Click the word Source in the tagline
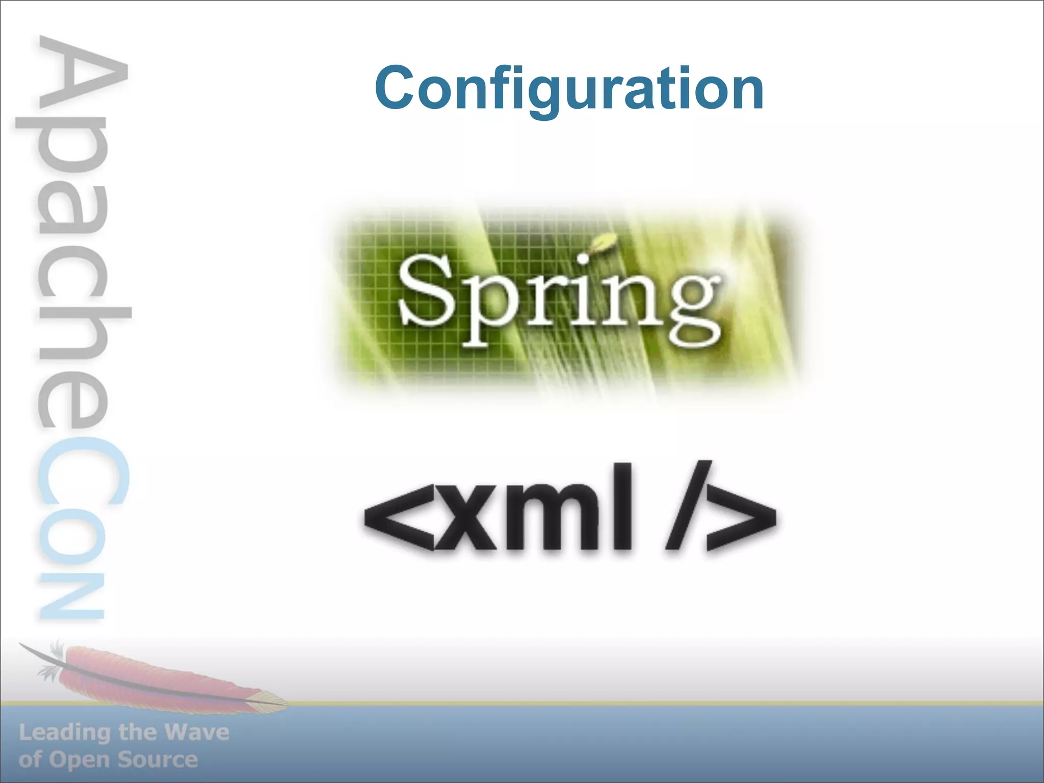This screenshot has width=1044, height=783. tap(158, 760)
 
